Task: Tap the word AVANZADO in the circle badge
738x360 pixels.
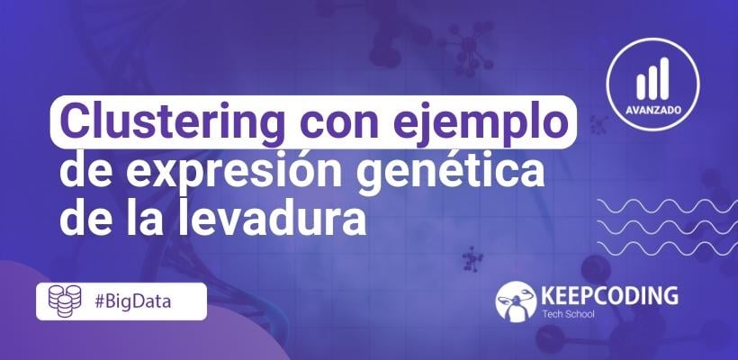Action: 653,111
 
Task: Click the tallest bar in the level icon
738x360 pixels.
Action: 664,78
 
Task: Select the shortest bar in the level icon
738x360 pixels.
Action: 641,87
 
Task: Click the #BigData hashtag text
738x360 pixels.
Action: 132,301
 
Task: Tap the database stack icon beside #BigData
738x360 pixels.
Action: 65,301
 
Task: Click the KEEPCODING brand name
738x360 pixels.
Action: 609,295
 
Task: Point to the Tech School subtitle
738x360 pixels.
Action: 568,314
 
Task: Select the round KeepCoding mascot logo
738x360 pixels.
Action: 516,301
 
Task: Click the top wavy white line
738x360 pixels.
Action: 668,206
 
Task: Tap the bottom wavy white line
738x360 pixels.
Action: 668,248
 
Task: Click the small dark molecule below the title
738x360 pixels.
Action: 471,259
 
